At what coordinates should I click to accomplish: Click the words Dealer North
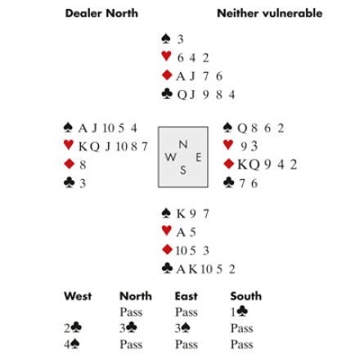(x=101, y=13)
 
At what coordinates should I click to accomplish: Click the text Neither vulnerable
(x=269, y=13)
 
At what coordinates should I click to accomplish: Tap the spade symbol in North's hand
(x=166, y=38)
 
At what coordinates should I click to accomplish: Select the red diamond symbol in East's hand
(x=228, y=164)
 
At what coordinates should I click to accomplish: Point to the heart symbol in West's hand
(x=69, y=145)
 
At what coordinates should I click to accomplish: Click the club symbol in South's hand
(x=167, y=268)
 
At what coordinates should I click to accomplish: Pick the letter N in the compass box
(x=183, y=144)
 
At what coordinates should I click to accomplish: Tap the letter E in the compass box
(x=199, y=157)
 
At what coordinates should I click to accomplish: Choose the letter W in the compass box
(x=170, y=157)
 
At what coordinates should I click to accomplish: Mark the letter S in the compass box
(x=183, y=170)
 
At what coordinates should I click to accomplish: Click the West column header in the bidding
(x=78, y=296)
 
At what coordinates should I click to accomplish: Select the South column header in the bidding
(x=246, y=296)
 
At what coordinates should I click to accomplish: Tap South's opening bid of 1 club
(x=239, y=312)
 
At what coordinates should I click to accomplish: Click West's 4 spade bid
(x=72, y=344)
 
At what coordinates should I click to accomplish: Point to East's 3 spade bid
(x=182, y=328)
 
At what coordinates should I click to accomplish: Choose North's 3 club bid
(x=128, y=328)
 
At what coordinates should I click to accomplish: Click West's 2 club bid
(x=73, y=328)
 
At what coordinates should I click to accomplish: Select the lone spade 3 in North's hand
(x=180, y=39)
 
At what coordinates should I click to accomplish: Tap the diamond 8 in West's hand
(x=83, y=164)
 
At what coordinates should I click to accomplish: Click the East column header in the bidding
(x=186, y=296)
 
